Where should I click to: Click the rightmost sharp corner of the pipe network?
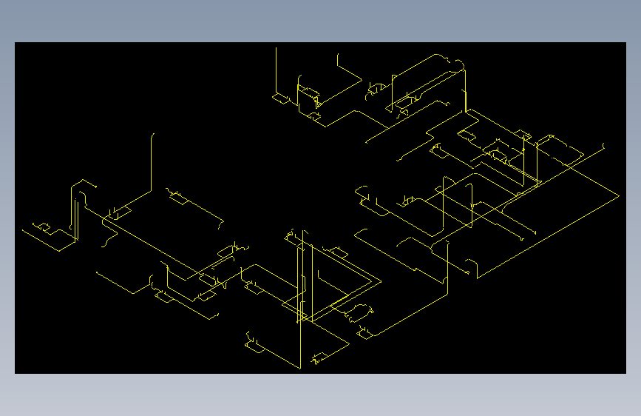[x=618, y=195]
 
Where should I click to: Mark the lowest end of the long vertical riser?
[x=300, y=368]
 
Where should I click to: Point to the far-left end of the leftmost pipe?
[x=23, y=230]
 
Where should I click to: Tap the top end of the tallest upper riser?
[x=277, y=49]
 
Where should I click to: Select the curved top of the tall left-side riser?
[x=153, y=135]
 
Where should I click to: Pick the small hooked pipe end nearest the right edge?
[x=604, y=146]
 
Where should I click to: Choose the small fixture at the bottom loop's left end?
[x=254, y=345]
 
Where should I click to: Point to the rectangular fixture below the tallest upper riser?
[x=280, y=98]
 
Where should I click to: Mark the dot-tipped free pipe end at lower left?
[x=97, y=272]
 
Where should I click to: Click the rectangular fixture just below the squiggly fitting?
[x=364, y=331]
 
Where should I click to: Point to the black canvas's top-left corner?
[x=16, y=43]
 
